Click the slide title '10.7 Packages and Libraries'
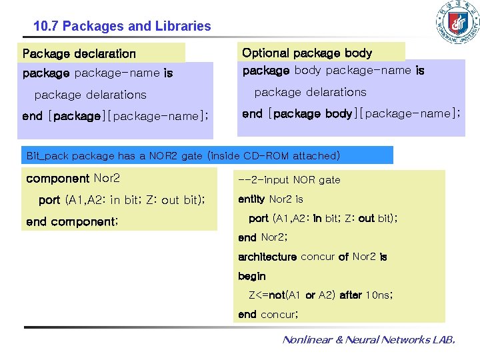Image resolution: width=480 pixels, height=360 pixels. (x=122, y=27)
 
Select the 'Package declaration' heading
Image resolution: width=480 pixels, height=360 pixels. (x=79, y=53)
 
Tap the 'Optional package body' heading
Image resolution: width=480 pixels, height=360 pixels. (x=307, y=53)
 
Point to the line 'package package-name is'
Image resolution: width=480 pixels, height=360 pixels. (x=97, y=73)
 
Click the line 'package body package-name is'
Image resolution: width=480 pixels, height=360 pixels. (x=333, y=70)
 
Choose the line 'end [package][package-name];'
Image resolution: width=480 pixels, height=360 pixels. (x=115, y=116)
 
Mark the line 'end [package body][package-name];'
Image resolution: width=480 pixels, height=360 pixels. (x=351, y=113)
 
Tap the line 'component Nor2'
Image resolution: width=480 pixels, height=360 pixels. (x=73, y=179)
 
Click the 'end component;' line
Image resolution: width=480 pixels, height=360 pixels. (x=71, y=221)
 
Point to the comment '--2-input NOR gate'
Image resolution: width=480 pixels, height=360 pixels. (x=289, y=180)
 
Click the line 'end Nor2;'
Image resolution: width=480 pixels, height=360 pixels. (x=263, y=237)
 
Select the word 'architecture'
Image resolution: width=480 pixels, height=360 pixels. (x=267, y=257)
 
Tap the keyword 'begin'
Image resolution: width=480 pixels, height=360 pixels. (x=252, y=276)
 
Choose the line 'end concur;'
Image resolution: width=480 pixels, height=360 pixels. (x=268, y=314)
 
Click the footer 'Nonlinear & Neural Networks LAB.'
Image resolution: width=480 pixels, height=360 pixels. (x=369, y=340)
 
